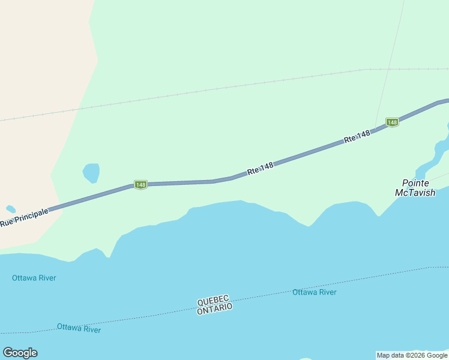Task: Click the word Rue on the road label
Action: point(7,223)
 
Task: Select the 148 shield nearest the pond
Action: point(140,185)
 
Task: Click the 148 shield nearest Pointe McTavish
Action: point(392,122)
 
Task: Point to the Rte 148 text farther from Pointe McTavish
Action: point(260,169)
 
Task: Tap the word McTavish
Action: point(415,193)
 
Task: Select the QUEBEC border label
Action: point(213,299)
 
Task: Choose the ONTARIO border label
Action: point(214,307)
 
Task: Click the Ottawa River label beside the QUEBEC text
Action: point(315,292)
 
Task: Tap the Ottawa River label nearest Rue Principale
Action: point(34,278)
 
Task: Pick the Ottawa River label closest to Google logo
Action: point(79,329)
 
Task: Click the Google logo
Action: point(20,353)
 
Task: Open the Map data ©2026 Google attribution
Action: point(412,355)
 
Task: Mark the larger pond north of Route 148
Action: point(91,173)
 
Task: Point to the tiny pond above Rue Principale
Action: point(10,209)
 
